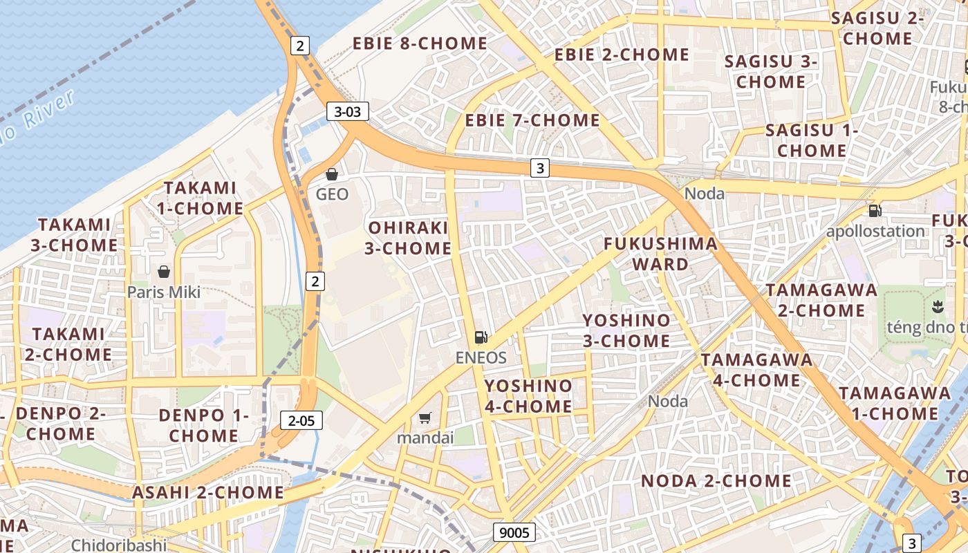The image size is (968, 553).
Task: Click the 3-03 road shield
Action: point(348,111)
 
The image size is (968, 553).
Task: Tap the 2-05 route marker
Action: point(301,420)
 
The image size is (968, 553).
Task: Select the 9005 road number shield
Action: point(514,532)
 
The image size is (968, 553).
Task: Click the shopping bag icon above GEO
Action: point(332,174)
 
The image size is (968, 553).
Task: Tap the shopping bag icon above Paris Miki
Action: point(164,272)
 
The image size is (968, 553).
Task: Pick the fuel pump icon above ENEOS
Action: point(481,337)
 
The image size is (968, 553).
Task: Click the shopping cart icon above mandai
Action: point(425,418)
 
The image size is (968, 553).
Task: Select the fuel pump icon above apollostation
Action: point(875,211)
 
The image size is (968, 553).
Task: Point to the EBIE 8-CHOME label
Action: point(420,44)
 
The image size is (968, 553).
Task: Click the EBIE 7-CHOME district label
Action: point(532,120)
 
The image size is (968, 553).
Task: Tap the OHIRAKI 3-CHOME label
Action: point(408,238)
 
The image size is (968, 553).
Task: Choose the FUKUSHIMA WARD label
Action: point(660,254)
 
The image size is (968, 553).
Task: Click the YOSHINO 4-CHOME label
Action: point(528,396)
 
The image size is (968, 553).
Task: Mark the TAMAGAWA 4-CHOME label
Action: point(756,370)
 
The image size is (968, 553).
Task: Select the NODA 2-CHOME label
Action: point(716,481)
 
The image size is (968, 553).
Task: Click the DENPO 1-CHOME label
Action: point(203,425)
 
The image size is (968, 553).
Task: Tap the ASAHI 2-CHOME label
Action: point(208,493)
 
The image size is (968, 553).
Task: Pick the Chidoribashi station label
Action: point(119,545)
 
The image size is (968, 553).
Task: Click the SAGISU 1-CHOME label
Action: point(812,140)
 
